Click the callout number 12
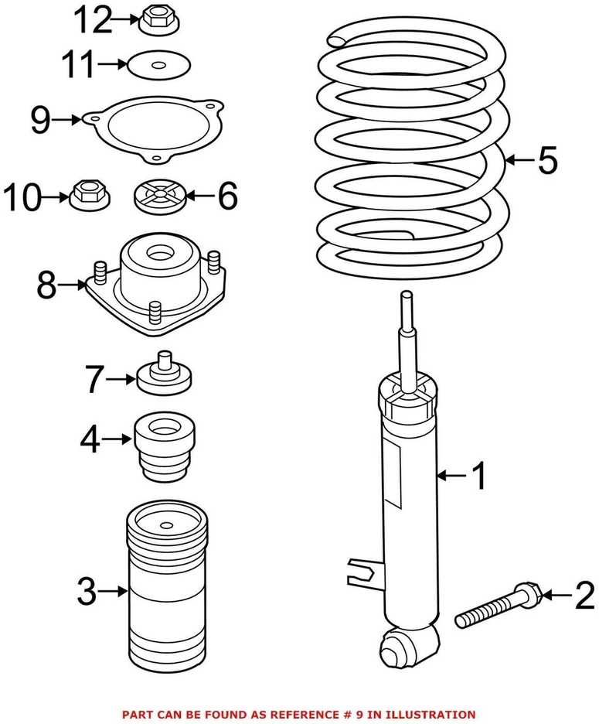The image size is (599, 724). [x=93, y=20]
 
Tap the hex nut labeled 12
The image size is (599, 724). [x=158, y=22]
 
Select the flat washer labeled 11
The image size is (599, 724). [x=158, y=65]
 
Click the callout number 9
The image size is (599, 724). [x=40, y=120]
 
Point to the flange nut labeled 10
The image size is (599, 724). [x=90, y=198]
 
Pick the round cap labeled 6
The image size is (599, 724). [x=160, y=197]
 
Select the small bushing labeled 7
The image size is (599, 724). [x=165, y=375]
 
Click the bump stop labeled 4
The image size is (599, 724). [x=165, y=445]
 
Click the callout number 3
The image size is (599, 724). [x=87, y=591]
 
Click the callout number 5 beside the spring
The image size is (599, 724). [x=547, y=160]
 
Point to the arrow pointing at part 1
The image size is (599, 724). [x=454, y=474]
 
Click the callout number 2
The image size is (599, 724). [x=584, y=595]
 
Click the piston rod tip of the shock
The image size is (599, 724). [x=406, y=296]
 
